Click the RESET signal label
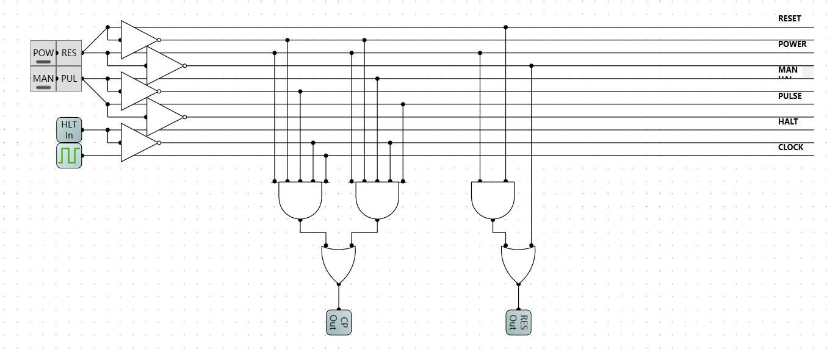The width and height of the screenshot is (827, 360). (789, 18)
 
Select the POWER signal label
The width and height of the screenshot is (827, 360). (792, 44)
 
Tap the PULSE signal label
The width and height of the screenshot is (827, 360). (790, 96)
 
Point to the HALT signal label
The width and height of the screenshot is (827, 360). (788, 121)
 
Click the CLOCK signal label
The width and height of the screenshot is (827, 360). (790, 147)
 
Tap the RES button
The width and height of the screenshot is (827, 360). (69, 53)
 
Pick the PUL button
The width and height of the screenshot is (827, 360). (69, 79)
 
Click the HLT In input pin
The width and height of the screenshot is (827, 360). (69, 130)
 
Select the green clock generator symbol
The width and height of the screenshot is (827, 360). (69, 156)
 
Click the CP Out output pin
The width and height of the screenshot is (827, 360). (339, 322)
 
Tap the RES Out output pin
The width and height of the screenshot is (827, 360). (518, 322)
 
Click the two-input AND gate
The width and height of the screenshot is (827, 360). (493, 200)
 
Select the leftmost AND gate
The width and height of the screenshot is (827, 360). (300, 200)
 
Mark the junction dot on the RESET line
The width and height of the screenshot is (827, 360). (505, 27)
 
